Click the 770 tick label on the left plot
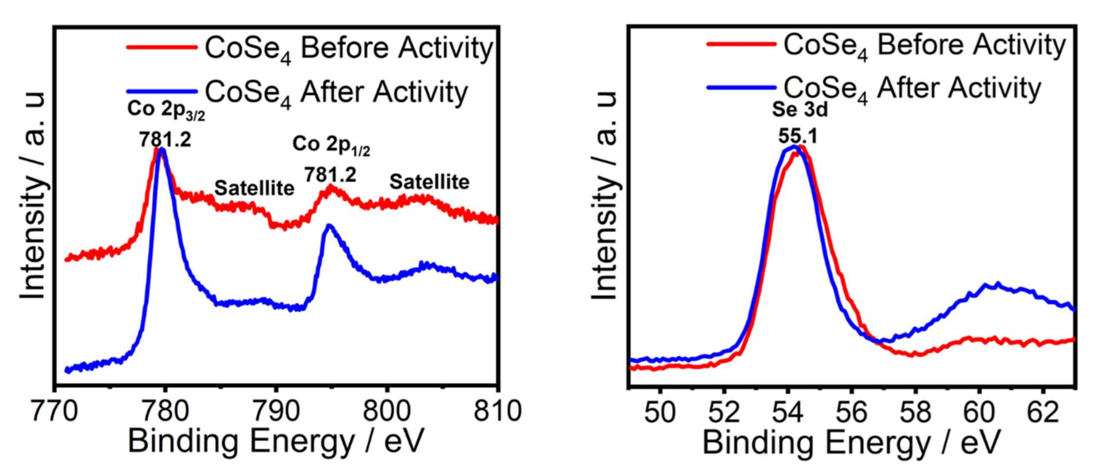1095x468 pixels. click(54, 412)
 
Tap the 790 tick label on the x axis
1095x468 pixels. click(276, 412)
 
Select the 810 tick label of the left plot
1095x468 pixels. click(498, 412)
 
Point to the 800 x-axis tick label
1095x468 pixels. click(387, 412)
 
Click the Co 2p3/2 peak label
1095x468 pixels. click(166, 110)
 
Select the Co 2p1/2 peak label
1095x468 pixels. click(331, 146)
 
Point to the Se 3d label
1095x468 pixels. click(800, 110)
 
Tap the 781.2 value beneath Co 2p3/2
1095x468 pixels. click(165, 139)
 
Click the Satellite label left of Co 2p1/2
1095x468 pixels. click(254, 188)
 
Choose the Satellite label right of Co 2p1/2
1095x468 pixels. click(429, 182)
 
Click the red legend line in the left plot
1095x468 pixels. click(162, 47)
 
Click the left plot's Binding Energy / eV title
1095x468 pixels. click(276, 441)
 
